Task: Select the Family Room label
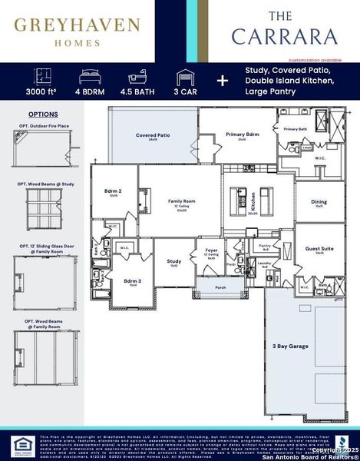coord(182,201)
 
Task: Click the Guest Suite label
coord(319,248)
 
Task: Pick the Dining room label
coord(319,202)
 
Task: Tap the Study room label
coord(174,261)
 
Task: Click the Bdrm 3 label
coord(133,281)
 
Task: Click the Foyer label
coord(210,250)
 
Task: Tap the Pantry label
coord(264,246)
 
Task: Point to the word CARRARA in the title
coord(284,36)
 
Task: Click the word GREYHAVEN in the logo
coord(76,26)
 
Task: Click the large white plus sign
coord(222,81)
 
